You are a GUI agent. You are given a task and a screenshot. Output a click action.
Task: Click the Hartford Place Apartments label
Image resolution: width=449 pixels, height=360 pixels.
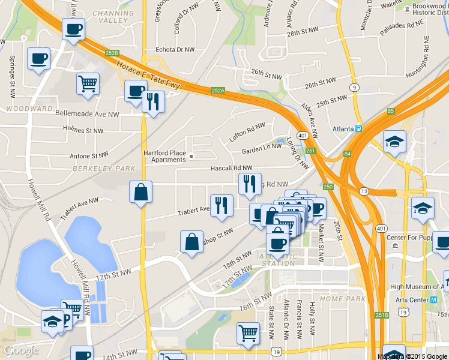164,156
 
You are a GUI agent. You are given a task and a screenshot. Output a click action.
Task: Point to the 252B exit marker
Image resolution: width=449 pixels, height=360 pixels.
112,53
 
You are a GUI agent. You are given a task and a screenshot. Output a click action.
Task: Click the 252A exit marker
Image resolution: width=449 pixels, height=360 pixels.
217,91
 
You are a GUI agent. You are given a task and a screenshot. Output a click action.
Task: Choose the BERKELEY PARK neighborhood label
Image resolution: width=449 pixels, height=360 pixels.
104,169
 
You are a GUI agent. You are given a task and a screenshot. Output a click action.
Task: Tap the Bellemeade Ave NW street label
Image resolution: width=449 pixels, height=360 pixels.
86,113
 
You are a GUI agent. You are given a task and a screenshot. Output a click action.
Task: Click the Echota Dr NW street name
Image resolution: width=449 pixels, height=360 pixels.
175,50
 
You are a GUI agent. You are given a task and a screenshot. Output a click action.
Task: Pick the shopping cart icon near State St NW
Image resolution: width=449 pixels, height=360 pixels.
248,332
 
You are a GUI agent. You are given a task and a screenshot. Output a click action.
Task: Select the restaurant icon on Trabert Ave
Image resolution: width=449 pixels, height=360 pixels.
221,205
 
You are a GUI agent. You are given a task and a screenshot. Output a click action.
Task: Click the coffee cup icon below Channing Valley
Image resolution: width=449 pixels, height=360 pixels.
74,28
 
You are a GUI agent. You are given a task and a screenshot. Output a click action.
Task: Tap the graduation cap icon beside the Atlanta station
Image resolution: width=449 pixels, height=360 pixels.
394,142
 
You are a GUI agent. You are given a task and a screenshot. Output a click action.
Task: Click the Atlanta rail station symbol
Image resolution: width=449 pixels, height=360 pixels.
358,128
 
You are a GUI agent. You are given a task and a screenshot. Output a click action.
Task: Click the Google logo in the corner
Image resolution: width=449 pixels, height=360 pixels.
21,350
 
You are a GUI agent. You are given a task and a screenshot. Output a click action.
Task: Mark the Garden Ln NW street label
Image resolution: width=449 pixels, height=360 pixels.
261,148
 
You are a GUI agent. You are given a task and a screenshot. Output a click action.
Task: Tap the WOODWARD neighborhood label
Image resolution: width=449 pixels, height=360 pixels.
28,109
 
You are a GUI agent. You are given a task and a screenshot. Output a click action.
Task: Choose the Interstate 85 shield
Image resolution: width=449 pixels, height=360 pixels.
391,111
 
